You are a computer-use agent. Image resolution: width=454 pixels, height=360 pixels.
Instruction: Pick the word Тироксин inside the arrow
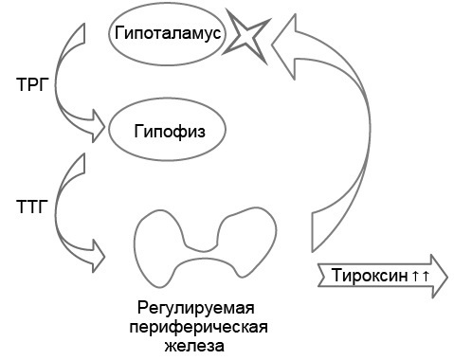370,276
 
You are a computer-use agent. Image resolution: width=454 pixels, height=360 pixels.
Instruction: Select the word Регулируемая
196,309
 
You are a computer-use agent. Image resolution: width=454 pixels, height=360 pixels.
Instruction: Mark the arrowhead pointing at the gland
95,251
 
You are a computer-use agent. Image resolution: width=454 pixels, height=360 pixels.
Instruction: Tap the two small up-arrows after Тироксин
421,276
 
